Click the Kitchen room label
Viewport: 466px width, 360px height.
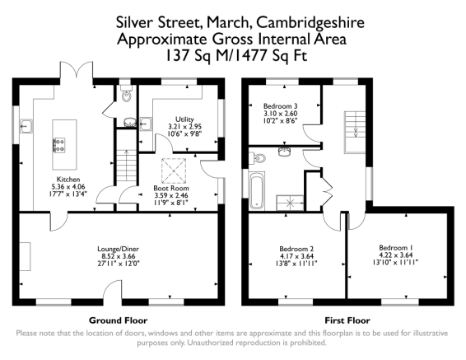[x=68, y=180]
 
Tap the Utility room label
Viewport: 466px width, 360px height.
[x=184, y=119]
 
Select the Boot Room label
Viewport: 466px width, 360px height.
[x=171, y=188]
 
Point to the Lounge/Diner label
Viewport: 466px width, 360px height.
[x=119, y=249]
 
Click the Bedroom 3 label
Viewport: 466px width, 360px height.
[x=281, y=105]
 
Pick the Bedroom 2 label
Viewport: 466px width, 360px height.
[x=296, y=249]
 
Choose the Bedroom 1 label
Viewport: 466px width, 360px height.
[x=395, y=248]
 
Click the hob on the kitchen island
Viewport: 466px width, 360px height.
[x=58, y=145]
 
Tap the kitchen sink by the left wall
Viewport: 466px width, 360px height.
[x=26, y=126]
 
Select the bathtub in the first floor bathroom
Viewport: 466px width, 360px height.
[x=257, y=190]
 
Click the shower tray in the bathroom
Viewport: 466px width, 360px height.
[x=290, y=203]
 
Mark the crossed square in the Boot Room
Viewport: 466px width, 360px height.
[x=174, y=171]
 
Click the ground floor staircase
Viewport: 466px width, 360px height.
[x=126, y=166]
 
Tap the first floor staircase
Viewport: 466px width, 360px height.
[x=355, y=132]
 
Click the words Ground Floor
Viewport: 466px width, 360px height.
[x=118, y=320]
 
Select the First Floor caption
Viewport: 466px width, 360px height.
[x=347, y=320]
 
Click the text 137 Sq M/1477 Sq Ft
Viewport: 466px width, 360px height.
[x=235, y=55]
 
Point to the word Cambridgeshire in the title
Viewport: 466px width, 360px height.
[x=310, y=23]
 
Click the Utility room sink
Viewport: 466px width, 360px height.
[x=146, y=124]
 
